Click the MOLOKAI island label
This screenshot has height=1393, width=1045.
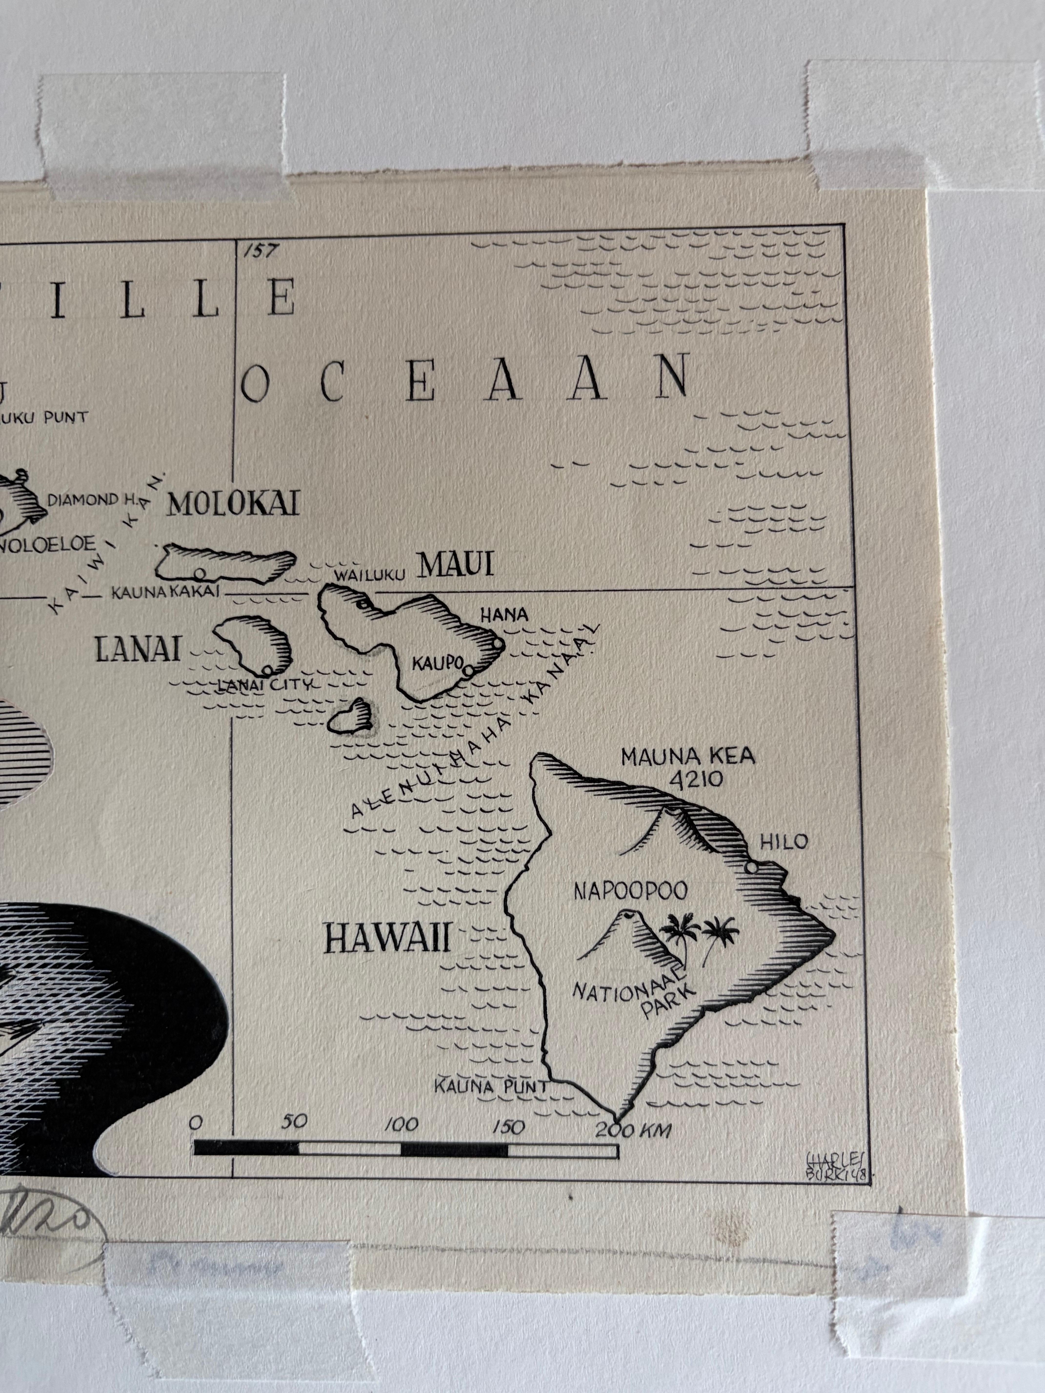[x=233, y=504]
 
